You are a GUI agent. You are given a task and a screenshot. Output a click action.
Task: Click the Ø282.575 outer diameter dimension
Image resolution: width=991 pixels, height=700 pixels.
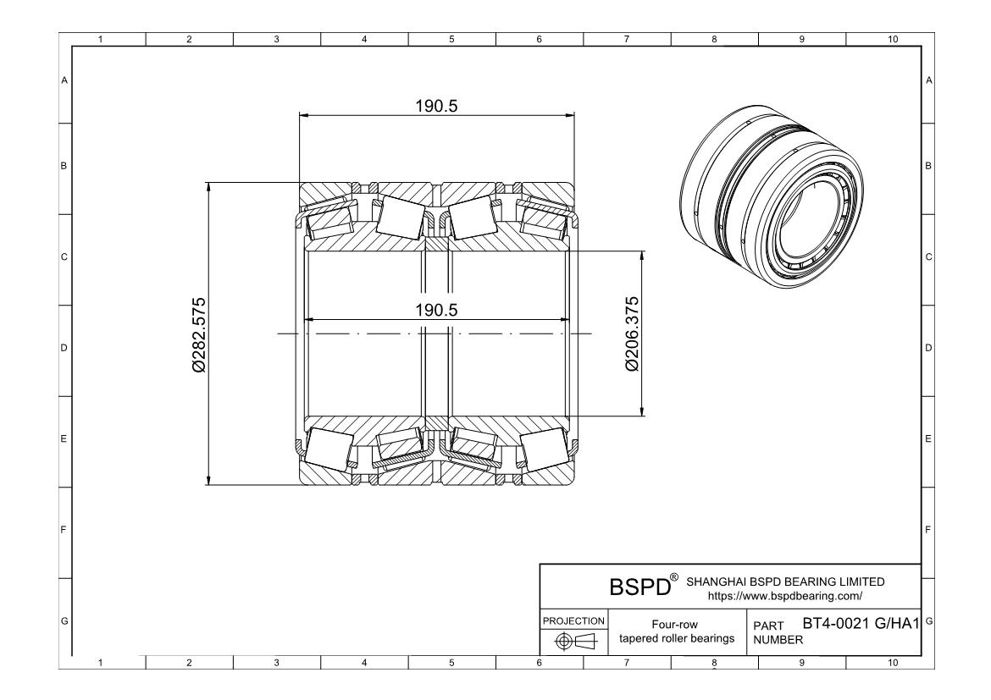pyautogui.click(x=199, y=334)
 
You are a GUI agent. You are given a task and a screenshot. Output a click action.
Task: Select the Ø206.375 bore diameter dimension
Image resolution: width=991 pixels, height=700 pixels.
pyautogui.click(x=631, y=333)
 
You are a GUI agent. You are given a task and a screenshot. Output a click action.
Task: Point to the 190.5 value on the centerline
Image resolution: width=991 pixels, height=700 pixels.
pyautogui.click(x=436, y=310)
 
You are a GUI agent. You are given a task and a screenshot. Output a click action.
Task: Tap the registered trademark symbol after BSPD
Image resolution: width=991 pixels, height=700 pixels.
pyautogui.click(x=674, y=577)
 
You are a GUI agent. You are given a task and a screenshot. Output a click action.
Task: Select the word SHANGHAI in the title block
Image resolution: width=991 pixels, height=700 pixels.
pyautogui.click(x=714, y=581)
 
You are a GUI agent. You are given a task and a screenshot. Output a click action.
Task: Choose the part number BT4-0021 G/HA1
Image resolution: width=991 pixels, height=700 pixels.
pyautogui.click(x=860, y=625)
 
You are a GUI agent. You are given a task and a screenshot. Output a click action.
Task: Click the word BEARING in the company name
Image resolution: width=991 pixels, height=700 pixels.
pyautogui.click(x=806, y=581)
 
